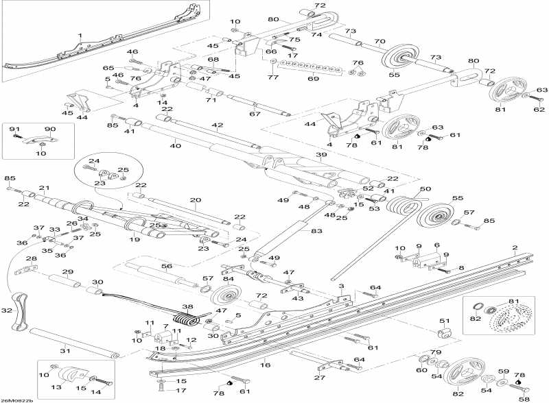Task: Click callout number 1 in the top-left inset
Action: coord(80,35)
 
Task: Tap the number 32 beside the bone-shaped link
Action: coord(7,310)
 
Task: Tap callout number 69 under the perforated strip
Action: coord(313,80)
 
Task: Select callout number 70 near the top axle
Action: coord(379,41)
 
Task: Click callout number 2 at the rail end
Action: coord(514,247)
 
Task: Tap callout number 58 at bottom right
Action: coord(524,398)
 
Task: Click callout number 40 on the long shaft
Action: coord(175,145)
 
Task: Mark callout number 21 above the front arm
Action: coord(45,188)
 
